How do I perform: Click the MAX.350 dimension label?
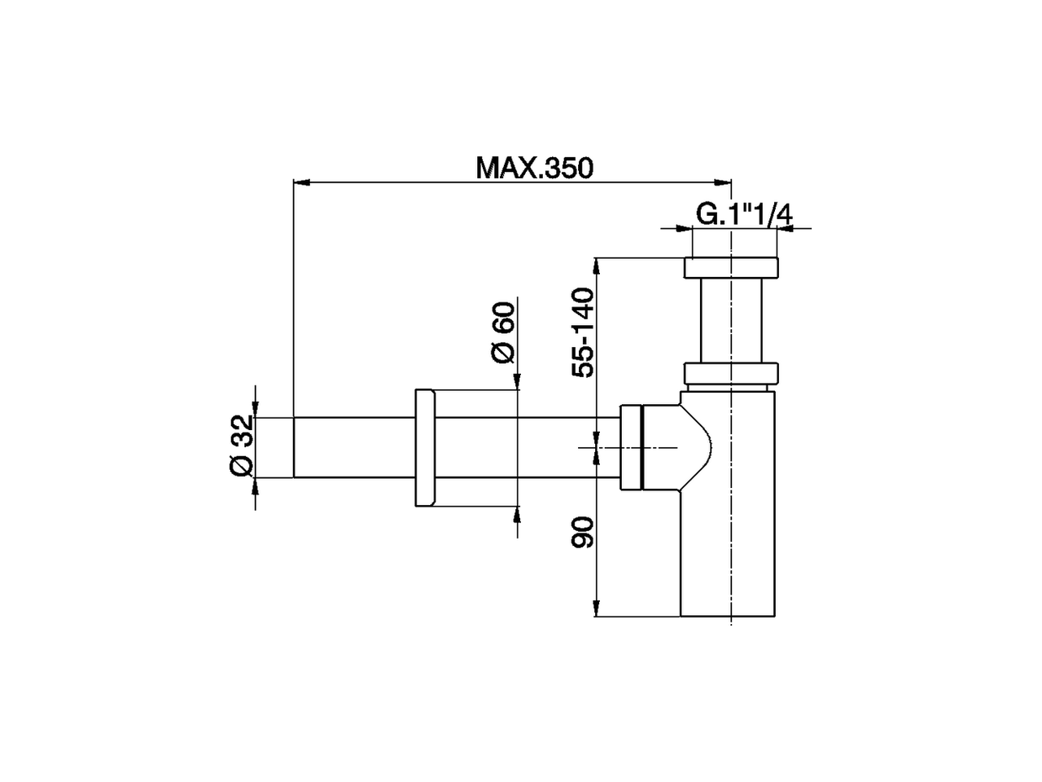coord(535,168)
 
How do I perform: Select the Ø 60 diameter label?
coord(502,332)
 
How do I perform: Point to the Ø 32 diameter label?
coord(242,446)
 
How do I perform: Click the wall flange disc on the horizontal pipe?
coord(426,447)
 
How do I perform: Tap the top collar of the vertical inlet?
coord(731,268)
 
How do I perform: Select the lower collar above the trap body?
coord(731,373)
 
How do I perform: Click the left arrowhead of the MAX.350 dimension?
coord(300,182)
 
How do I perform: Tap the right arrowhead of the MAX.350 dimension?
coord(724,182)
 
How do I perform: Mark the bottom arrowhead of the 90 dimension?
coord(598,609)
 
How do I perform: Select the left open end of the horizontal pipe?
coord(295,447)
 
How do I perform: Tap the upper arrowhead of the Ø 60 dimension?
coord(516,383)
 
